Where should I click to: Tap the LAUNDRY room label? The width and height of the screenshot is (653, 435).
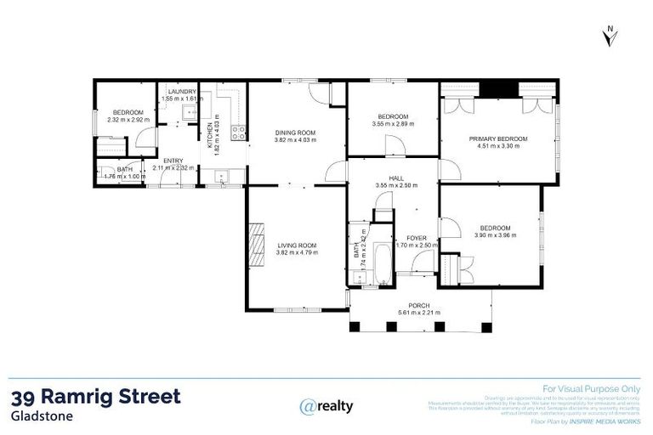(182, 92)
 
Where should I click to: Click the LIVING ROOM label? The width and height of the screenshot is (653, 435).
(296, 246)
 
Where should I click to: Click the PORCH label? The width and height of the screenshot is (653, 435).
(418, 305)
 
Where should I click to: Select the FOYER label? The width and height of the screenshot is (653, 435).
(417, 238)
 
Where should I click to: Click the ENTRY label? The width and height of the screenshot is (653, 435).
(173, 161)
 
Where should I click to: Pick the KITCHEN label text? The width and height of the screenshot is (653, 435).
(209, 132)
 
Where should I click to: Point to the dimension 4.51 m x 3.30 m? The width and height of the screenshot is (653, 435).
(498, 146)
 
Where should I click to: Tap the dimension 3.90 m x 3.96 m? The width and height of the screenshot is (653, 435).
(495, 234)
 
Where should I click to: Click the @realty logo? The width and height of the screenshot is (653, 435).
(326, 406)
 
